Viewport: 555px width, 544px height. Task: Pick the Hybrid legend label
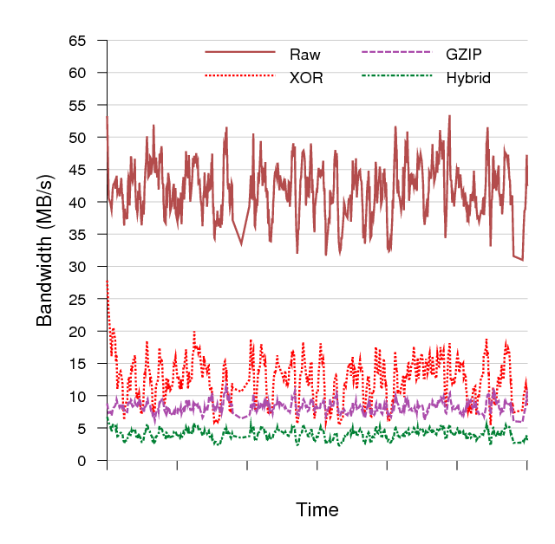point(468,78)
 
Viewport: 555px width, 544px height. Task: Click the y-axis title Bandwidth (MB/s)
point(45,249)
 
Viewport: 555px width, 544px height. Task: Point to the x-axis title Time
point(317,508)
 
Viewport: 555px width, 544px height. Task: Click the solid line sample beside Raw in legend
point(239,53)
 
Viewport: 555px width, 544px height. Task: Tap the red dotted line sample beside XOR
point(239,76)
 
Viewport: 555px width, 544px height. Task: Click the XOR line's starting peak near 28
point(108,281)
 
